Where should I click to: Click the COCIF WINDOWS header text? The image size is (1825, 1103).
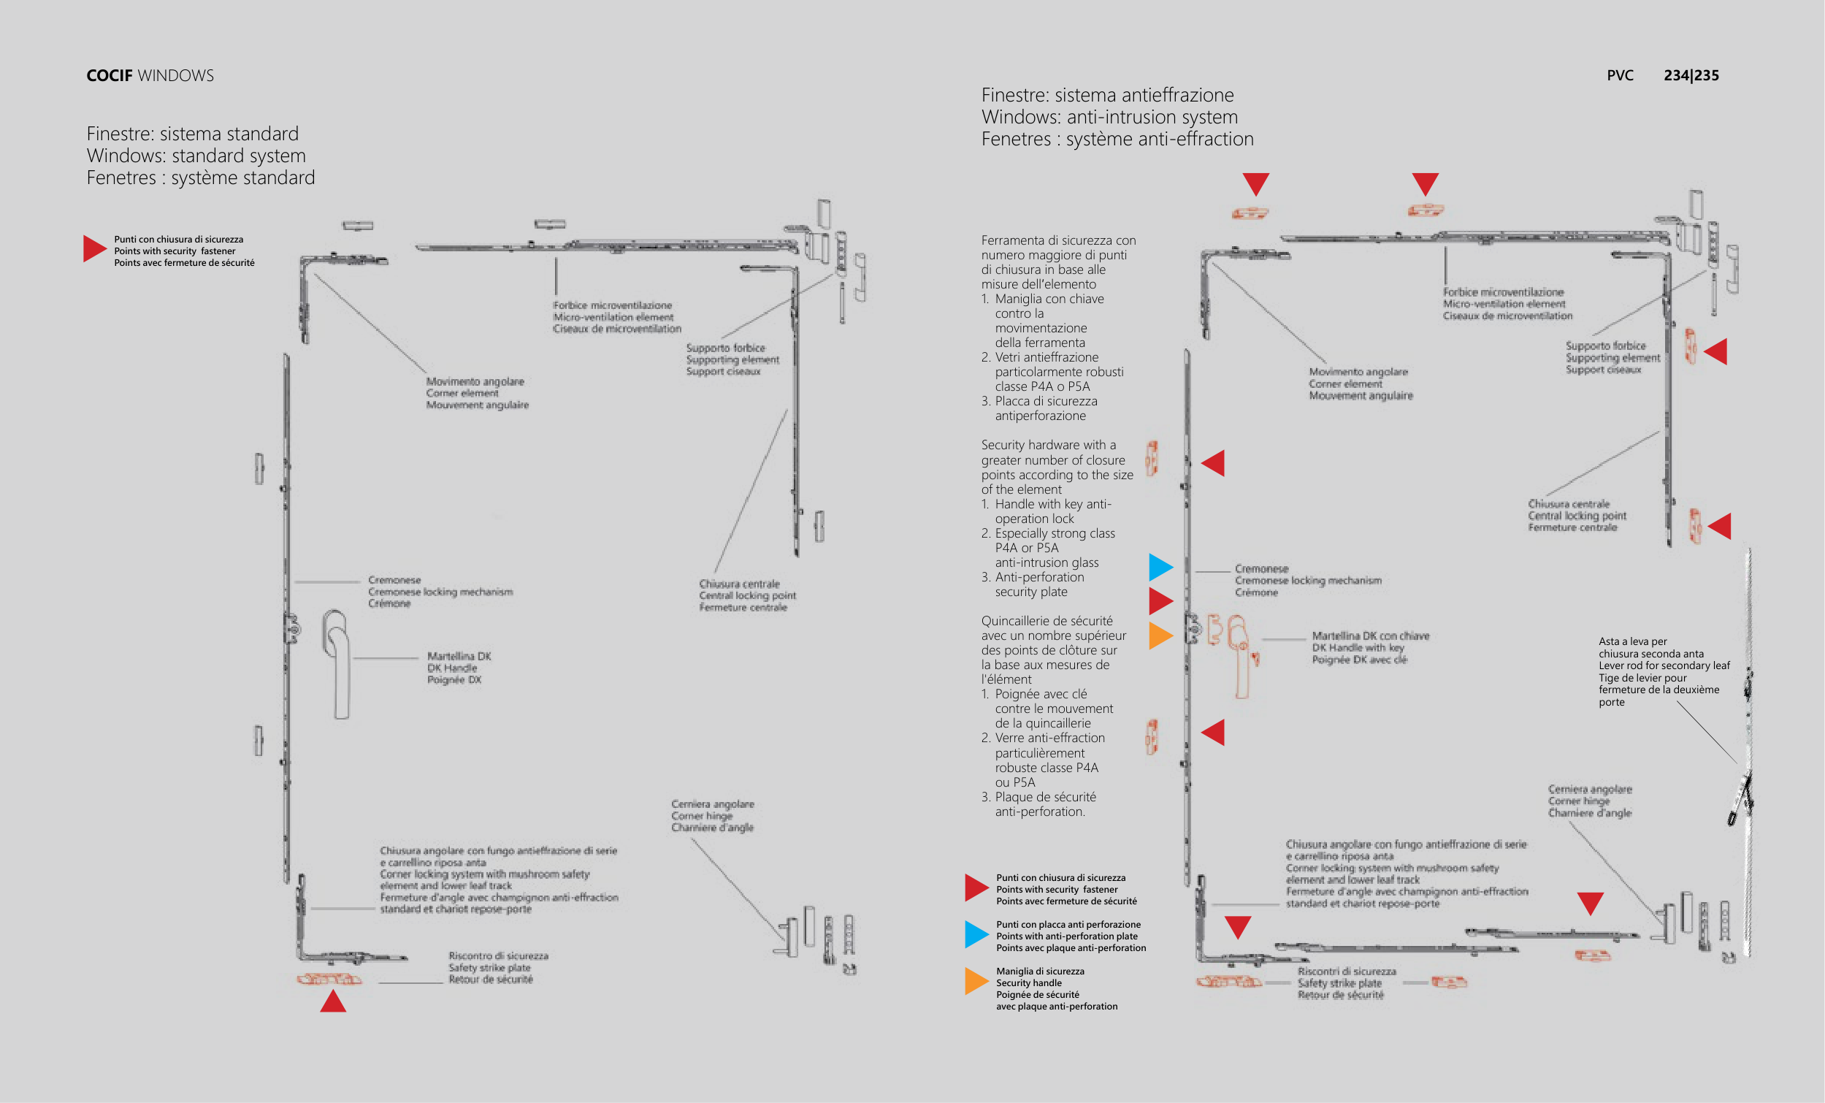click(150, 75)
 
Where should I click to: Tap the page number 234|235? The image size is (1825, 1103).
click(1691, 75)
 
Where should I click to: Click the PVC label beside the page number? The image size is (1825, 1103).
click(1620, 75)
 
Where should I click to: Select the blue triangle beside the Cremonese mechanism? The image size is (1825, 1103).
click(1160, 568)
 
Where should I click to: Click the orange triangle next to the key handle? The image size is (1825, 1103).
click(1160, 636)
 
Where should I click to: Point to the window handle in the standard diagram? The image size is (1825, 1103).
click(337, 663)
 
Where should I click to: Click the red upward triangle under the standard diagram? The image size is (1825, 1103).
click(333, 1001)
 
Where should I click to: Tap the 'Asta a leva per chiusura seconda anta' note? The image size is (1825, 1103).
click(1663, 671)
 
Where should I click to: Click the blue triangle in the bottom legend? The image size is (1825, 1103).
click(976, 934)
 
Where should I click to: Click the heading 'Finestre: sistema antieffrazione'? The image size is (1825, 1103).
click(1107, 95)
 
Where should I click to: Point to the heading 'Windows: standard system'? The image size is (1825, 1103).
click(196, 156)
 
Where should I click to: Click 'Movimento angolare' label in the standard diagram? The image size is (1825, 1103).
click(475, 381)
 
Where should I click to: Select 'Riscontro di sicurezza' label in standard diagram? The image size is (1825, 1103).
click(498, 955)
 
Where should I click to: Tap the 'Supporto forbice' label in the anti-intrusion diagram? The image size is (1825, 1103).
click(1605, 346)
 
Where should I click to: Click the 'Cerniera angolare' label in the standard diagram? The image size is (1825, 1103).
click(713, 804)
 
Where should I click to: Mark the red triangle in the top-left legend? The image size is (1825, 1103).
click(95, 249)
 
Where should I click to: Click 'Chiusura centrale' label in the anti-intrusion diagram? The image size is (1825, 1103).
click(1568, 504)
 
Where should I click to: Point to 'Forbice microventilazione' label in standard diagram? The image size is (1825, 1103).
click(612, 305)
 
